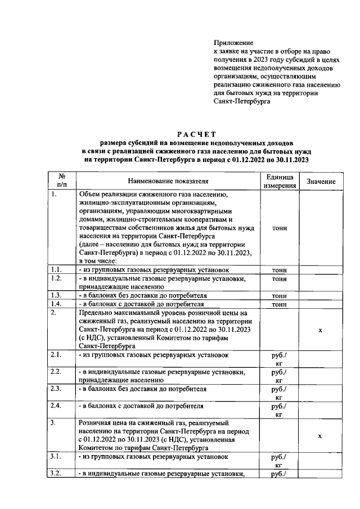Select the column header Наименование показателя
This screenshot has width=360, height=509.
click(168, 181)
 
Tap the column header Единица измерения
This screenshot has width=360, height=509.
click(280, 181)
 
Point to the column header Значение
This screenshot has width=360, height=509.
click(321, 182)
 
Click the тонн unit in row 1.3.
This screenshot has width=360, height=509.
click(280, 295)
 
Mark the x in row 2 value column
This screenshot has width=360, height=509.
click(321, 330)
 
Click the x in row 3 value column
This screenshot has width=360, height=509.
click(321, 435)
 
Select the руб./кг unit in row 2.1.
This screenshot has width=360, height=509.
click(280, 359)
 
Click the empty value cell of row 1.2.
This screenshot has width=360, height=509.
click(321, 282)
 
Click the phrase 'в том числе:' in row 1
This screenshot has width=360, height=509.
click(98, 261)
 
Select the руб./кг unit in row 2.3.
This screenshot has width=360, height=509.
click(280, 393)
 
